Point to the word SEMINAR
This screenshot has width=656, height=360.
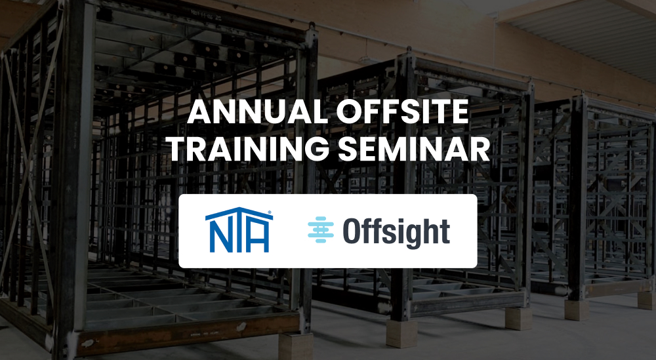coord(414,149)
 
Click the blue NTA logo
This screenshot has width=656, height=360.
coord(239,230)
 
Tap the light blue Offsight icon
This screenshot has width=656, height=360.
coord(321,230)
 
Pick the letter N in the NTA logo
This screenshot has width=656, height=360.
coord(217,237)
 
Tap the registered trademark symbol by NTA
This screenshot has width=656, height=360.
coord(270,212)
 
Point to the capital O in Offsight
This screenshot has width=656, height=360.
coord(352,231)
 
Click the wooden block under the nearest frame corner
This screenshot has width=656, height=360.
coord(295,346)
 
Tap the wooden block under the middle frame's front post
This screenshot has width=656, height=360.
coord(401,334)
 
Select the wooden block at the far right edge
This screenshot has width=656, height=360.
coord(646,300)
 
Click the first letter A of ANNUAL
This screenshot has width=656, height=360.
coord(200,112)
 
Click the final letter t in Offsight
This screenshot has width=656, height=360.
coord(445,232)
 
